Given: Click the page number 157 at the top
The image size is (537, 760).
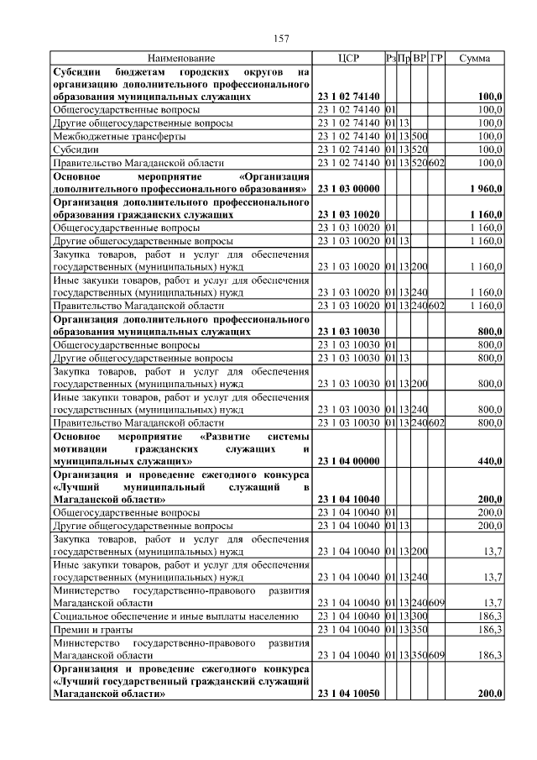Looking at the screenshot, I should click(x=282, y=39).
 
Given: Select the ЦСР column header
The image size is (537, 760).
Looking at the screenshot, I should click(x=348, y=59).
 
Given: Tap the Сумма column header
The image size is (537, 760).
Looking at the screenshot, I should click(x=476, y=59).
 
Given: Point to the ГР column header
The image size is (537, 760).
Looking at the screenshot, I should click(x=436, y=59).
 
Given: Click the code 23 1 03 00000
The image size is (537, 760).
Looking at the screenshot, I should click(x=349, y=189).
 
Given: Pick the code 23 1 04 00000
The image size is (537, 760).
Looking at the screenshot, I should click(x=349, y=461).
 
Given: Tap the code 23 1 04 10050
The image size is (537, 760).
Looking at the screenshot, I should click(x=349, y=694).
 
